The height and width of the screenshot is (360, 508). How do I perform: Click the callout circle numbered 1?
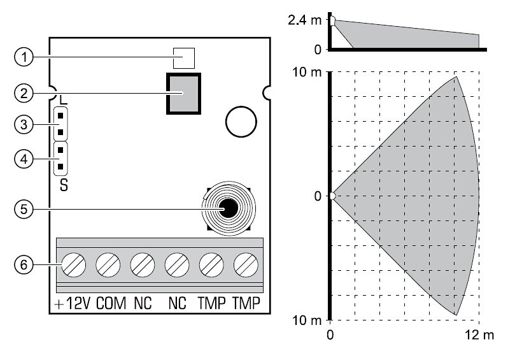[24, 57]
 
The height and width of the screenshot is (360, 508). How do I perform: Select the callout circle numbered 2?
[24, 94]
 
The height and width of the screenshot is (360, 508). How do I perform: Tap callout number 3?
[24, 124]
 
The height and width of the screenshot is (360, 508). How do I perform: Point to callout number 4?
[24, 159]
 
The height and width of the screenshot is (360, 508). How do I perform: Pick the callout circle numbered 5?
[24, 209]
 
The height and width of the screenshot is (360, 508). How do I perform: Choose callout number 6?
[24, 265]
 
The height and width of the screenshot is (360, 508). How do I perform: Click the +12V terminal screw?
[74, 265]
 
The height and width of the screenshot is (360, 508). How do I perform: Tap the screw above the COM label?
[108, 265]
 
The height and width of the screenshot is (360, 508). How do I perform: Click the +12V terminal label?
[72, 303]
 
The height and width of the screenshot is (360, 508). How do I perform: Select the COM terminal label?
[111, 303]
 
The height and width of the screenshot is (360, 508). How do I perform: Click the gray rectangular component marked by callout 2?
[184, 94]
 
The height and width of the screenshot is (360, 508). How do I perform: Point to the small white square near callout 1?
[184, 59]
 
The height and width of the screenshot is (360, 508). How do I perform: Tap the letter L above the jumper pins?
[64, 99]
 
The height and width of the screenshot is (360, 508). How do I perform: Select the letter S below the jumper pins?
[64, 185]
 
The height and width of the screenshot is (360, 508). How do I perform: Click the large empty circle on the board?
[241, 122]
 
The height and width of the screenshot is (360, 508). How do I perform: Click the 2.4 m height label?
[304, 20]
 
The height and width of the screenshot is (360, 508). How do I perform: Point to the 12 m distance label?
[479, 335]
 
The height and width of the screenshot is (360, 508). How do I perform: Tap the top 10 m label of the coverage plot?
[307, 72]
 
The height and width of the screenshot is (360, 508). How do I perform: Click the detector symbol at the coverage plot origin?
[333, 196]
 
